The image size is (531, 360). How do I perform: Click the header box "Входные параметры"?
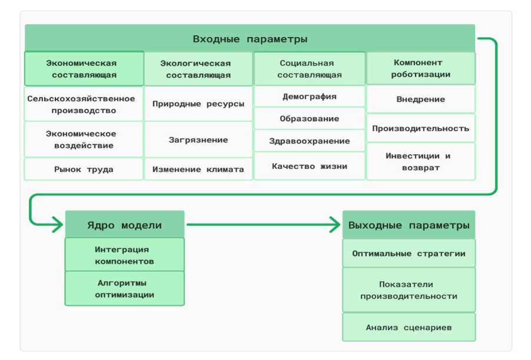pos(250,39)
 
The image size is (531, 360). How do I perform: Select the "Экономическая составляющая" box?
pos(84,69)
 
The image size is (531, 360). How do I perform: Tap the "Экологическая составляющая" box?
pos(198,69)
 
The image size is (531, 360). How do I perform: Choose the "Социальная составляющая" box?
pos(309,69)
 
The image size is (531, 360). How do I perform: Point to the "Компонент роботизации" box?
pos(420,68)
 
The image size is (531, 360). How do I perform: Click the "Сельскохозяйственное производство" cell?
pos(84,104)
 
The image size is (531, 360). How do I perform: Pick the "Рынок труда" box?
pos(84,169)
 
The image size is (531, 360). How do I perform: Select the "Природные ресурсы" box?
pos(198,104)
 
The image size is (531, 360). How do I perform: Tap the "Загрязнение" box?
pos(198,140)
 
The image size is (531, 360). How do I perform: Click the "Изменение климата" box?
pos(198,169)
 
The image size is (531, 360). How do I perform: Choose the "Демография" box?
pos(309,96)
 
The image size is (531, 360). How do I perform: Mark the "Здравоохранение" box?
pos(309,141)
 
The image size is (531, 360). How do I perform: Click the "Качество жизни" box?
pos(309,166)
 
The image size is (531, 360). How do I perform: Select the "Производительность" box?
pos(420,128)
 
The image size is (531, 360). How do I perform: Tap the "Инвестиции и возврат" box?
pos(420,162)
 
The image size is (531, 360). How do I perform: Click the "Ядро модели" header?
pos(124,225)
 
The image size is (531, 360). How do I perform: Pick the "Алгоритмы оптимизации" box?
pos(124,289)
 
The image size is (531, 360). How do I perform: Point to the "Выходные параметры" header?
pos(409,225)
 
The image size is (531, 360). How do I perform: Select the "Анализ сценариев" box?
pos(409,328)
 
